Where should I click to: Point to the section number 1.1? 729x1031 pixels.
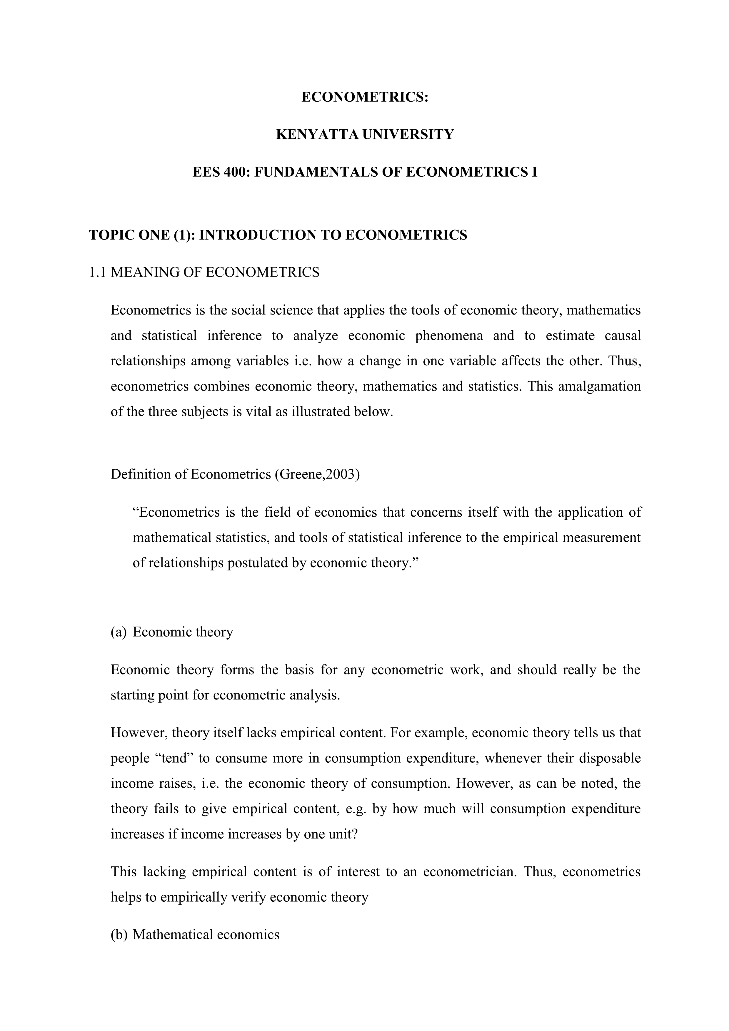point(97,272)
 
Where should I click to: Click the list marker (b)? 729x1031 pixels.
point(119,935)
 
